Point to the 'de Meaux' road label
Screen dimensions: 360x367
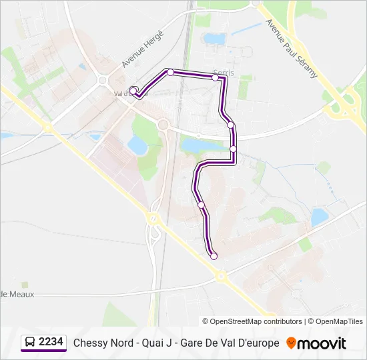(x=17, y=294)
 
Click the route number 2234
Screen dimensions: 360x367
(x=51, y=343)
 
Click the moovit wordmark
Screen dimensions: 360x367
(x=322, y=343)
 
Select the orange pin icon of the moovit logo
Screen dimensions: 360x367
(x=291, y=343)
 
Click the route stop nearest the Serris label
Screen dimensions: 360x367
(x=216, y=78)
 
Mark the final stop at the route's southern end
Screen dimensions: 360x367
(x=214, y=256)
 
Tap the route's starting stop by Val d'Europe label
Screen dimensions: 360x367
(x=133, y=91)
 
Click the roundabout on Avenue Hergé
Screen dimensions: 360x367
(x=103, y=81)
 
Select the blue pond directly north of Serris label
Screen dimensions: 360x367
(x=216, y=39)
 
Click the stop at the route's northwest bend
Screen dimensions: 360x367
(x=171, y=72)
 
